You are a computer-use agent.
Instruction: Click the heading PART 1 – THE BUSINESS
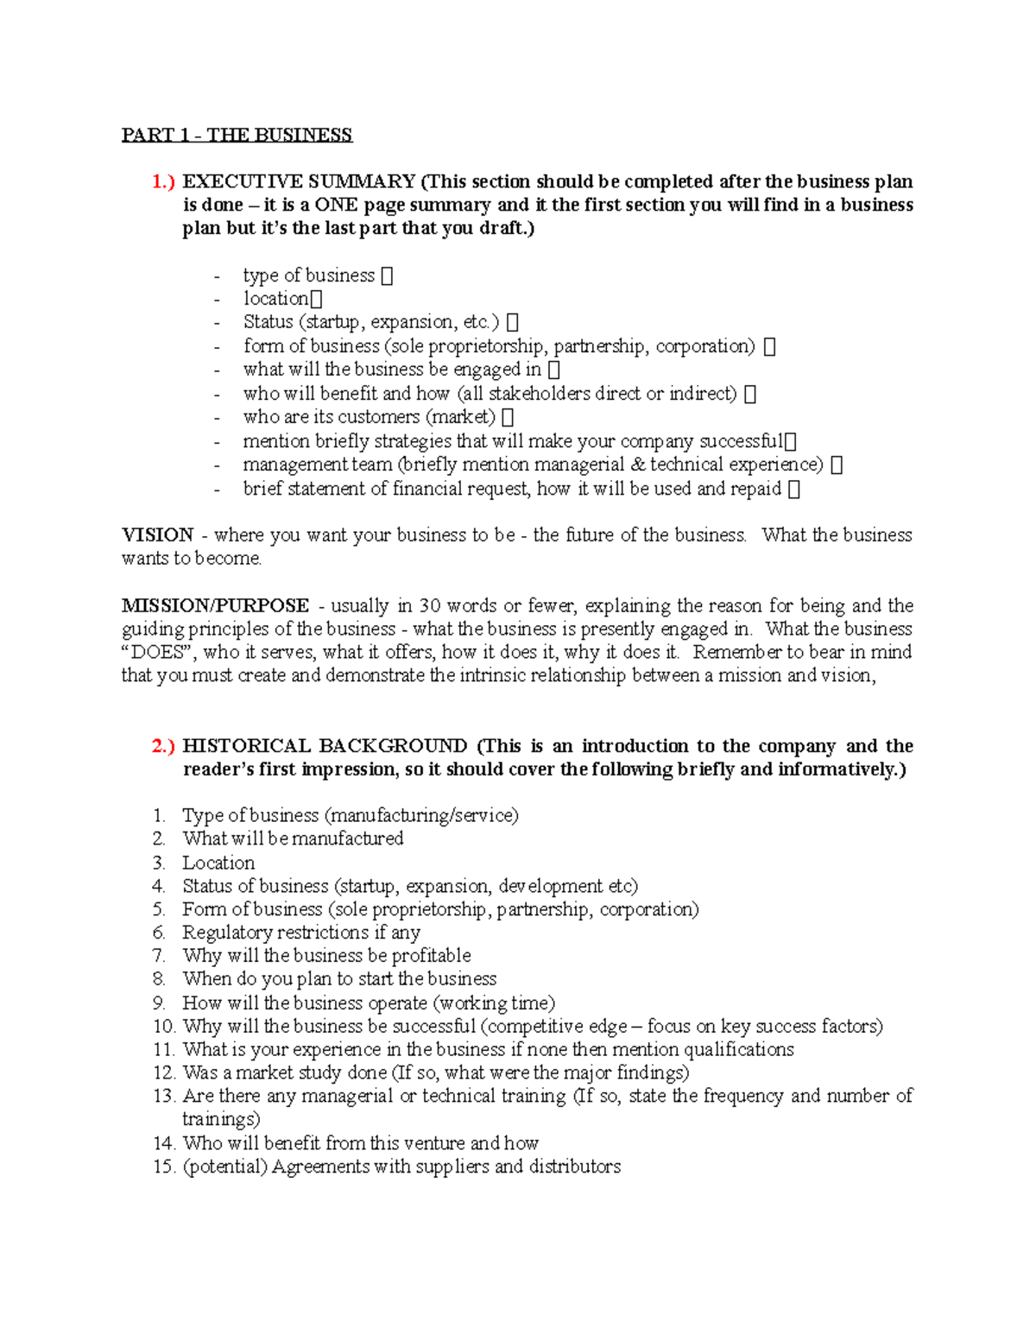point(237,135)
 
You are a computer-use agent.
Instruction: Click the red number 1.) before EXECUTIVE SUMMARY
point(163,181)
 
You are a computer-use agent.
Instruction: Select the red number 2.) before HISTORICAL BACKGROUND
point(163,746)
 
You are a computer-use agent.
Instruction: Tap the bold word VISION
point(157,535)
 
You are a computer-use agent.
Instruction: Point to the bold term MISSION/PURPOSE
point(215,605)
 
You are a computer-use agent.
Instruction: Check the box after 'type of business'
point(387,275)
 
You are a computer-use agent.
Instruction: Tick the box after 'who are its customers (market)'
point(508,417)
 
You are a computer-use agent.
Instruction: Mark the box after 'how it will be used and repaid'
point(794,489)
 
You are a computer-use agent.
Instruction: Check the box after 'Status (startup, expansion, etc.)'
point(513,323)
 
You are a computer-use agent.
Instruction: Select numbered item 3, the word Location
point(218,863)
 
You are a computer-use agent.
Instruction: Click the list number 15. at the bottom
point(164,1167)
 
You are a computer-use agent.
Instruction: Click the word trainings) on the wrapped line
point(221,1119)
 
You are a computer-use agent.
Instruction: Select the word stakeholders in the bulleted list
point(546,394)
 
